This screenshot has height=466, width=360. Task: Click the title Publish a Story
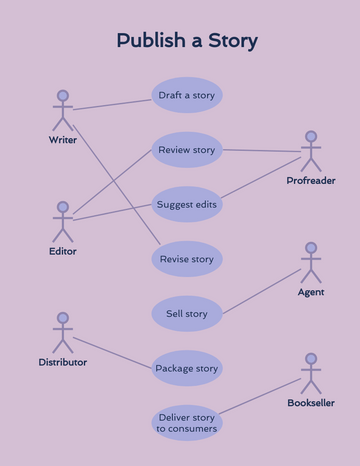(186, 41)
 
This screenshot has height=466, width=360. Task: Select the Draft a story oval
(186, 95)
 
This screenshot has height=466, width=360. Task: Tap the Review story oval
(186, 150)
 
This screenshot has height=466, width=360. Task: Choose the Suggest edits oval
(186, 204)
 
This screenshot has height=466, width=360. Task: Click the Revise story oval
(186, 259)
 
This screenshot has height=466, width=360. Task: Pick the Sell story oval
(186, 313)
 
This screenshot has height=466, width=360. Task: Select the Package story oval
(186, 368)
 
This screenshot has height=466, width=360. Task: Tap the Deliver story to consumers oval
(186, 423)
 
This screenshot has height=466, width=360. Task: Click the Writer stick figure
(63, 110)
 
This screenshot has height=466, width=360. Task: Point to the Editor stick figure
(63, 221)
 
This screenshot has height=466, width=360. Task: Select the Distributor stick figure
(63, 332)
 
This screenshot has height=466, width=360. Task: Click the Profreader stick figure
(311, 151)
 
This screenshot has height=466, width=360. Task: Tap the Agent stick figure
(311, 262)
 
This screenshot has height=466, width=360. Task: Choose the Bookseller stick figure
(311, 373)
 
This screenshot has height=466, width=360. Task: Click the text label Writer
(63, 140)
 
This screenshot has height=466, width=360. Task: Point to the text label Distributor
(63, 362)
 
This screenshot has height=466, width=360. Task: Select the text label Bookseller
(311, 403)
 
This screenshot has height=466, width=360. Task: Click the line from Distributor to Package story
(112, 352)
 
